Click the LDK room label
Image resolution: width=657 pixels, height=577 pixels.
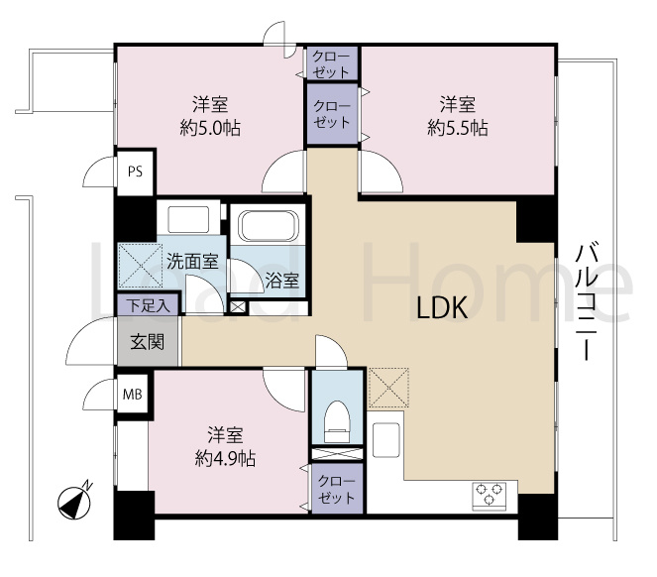click(442, 308)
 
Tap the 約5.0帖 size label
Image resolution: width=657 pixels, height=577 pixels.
click(210, 128)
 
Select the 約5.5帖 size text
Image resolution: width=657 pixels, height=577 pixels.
click(458, 128)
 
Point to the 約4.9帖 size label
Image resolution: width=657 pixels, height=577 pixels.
click(225, 459)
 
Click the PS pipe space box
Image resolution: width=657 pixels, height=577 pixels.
click(135, 172)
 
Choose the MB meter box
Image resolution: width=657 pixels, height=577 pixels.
click(132, 395)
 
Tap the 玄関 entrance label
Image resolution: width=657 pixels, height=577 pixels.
click(147, 342)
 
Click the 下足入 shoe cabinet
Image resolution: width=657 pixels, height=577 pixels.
click(149, 305)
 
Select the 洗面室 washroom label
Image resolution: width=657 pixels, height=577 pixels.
click(192, 262)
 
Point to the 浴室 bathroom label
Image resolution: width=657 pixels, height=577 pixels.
click(282, 281)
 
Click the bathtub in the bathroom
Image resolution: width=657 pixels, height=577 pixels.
click(269, 226)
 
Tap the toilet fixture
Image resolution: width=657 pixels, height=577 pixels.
click(337, 421)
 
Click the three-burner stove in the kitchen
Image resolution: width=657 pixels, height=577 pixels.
click(489, 497)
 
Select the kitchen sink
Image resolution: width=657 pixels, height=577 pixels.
click(385, 440)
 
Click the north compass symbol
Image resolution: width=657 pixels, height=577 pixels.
click(74, 502)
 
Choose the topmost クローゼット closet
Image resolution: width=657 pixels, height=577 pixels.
click(331, 63)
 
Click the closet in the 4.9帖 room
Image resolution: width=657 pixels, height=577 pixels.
click(337, 489)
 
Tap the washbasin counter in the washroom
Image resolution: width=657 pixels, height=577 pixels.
click(188, 218)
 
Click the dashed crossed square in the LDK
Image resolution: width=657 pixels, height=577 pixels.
click(388, 388)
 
